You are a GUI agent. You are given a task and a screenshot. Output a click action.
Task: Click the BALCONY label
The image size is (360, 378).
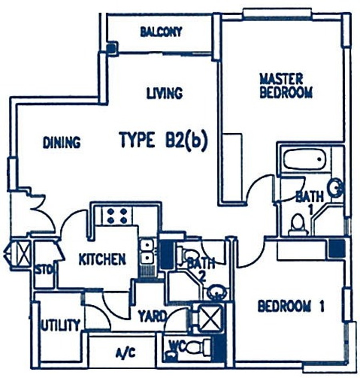[x=161, y=32]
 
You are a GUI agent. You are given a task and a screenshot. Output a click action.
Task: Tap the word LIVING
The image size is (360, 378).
[x=164, y=93]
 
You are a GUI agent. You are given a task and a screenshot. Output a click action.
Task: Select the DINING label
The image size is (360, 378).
[x=62, y=142]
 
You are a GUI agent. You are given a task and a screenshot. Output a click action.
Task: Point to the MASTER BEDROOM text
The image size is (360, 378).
[x=286, y=86]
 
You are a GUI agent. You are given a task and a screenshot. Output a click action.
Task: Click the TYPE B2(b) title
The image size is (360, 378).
[x=164, y=140]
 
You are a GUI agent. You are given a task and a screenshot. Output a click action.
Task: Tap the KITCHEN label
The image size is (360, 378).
[x=102, y=259]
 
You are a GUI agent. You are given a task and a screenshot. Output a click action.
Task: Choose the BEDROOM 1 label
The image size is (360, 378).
[x=291, y=306]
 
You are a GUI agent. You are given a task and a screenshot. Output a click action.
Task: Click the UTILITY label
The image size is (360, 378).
[x=60, y=325]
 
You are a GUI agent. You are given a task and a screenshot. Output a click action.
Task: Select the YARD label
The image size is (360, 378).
[x=152, y=316]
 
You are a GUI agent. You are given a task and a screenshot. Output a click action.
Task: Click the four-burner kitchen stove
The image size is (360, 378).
[x=117, y=216]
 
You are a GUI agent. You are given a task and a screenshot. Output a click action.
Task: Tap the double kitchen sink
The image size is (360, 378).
[x=147, y=252]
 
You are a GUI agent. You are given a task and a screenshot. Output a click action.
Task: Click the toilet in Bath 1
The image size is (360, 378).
[x=298, y=224]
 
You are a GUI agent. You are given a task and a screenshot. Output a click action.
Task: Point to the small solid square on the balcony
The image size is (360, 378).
[x=111, y=48]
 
